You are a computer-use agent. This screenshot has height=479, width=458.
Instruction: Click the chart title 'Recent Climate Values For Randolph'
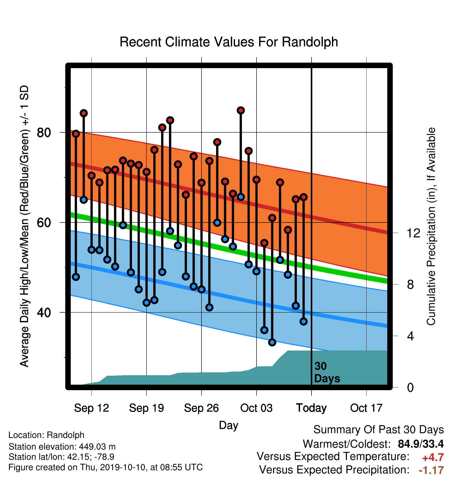pos(229,42)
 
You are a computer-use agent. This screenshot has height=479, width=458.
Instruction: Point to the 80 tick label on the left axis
pos(44,133)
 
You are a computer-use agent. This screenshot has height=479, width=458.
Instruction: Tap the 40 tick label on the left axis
pos(44,312)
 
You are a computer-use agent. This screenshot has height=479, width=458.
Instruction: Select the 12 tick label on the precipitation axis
pos(413,233)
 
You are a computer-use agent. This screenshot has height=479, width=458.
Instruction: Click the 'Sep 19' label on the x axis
pos(146,408)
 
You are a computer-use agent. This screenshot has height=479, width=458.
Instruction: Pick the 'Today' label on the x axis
pos(311,408)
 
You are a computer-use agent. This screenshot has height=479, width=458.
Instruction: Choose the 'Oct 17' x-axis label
pos(366,408)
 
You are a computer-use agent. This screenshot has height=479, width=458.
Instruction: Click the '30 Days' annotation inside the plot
pos(327,372)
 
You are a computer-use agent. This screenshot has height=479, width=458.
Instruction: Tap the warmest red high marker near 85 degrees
pos(241,110)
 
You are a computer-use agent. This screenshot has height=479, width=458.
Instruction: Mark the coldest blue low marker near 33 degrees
pos(272,342)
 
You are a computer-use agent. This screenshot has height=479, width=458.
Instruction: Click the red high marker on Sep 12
pos(91,176)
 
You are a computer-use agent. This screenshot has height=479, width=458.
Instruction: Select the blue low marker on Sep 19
pos(146,303)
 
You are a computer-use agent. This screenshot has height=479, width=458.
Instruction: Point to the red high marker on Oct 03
pos(257,180)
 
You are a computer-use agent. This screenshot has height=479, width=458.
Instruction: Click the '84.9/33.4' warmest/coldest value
pos(421,444)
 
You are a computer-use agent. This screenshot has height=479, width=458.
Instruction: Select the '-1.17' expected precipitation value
pos(431,470)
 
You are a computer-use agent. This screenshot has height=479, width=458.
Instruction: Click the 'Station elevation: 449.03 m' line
pos(62,447)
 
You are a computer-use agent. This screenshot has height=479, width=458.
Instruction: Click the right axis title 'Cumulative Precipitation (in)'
pos(431,227)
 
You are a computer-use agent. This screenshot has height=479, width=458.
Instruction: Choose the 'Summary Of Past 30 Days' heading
pos(379,430)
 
